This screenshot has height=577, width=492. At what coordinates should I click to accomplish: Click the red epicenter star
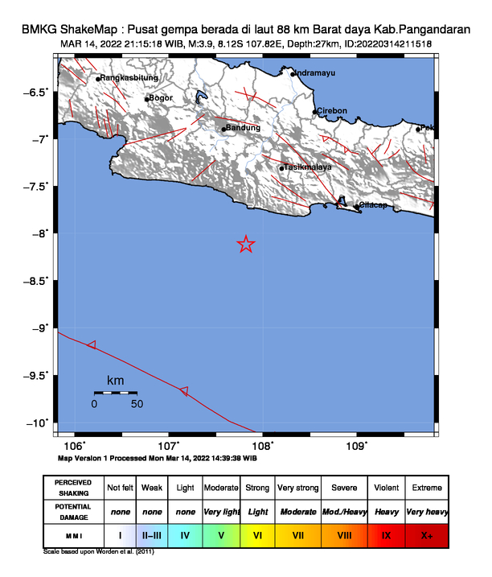tap(246, 245)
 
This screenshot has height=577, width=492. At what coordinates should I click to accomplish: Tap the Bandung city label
tap(244, 128)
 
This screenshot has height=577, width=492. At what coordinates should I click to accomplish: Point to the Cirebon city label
tap(332, 111)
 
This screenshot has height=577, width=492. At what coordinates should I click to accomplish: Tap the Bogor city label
tap(162, 98)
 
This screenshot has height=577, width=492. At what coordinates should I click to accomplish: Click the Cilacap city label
tap(372, 205)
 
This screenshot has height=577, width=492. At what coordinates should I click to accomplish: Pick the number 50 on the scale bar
tap(137, 404)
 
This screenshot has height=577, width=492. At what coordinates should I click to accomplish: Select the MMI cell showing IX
tap(386, 534)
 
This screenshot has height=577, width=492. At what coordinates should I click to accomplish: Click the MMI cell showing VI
tap(257, 534)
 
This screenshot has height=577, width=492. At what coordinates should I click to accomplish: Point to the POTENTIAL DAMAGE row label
tap(73, 511)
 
